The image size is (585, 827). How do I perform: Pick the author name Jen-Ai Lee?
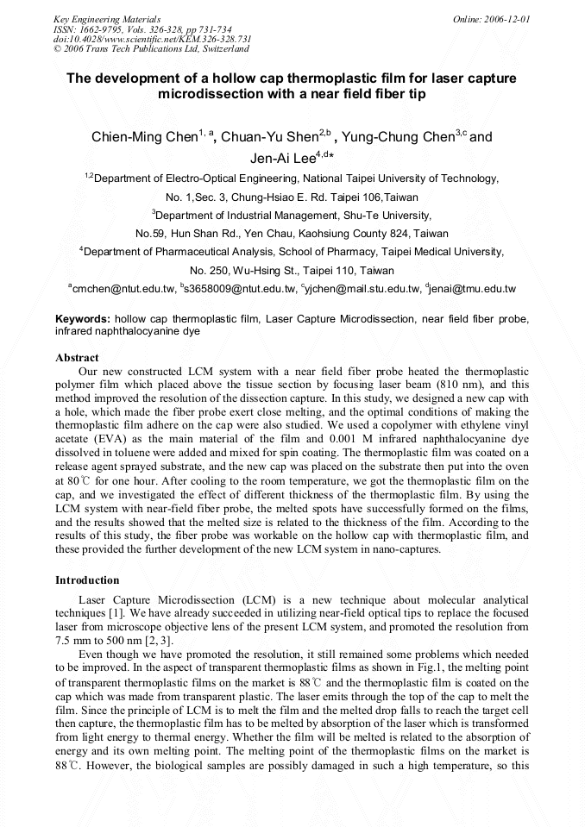[282, 158]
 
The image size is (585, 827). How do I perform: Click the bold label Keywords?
[83, 318]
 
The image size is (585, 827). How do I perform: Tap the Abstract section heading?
[77, 357]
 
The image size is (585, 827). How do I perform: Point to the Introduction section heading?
[87, 580]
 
